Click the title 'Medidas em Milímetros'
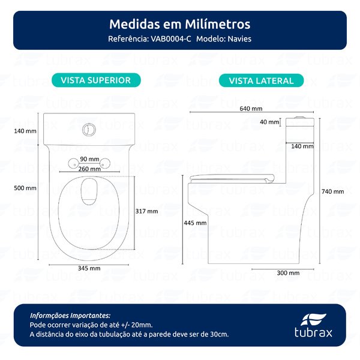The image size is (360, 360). tap(179, 25)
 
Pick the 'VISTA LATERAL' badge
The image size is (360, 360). tap(261, 80)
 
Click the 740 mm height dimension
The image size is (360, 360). tap(332, 191)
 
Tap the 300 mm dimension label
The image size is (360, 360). tap(289, 272)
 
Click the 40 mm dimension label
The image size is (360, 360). tap(269, 122)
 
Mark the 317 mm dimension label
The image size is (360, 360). tap(148, 211)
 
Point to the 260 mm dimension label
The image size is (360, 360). tap(89, 169)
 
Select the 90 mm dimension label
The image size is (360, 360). tap(89, 159)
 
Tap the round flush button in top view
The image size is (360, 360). tap(89, 128)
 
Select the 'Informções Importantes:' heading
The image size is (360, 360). tap(70, 315)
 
